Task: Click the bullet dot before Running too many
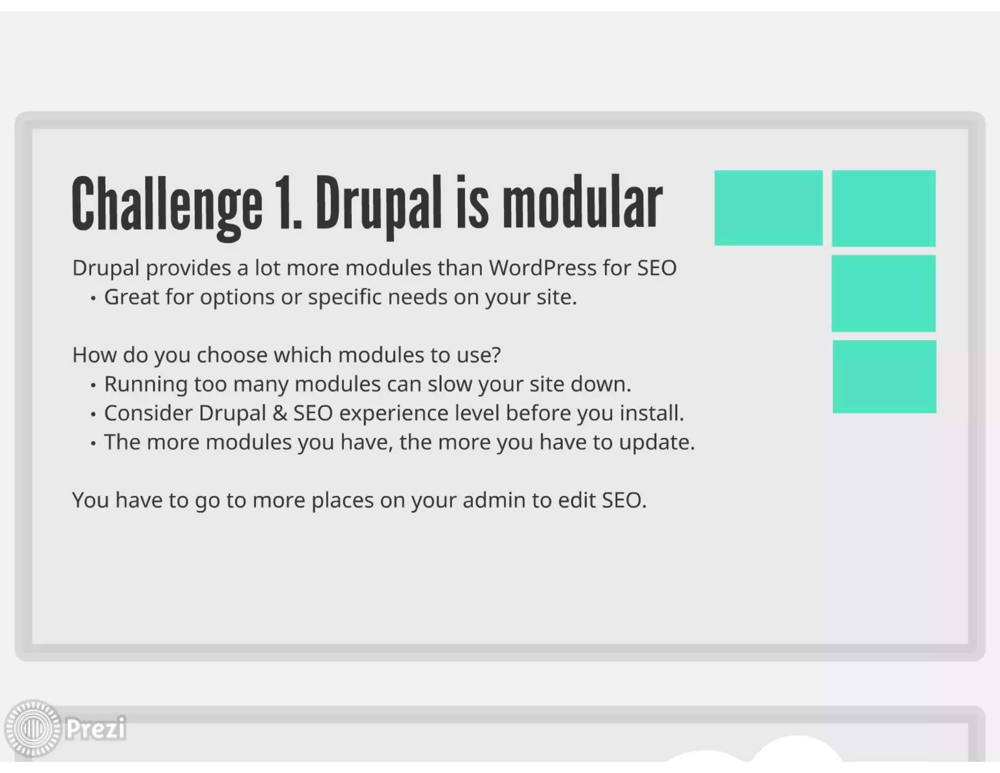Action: tap(93, 386)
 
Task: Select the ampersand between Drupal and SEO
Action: tap(279, 413)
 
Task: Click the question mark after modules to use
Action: tap(497, 355)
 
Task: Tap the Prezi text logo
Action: tap(96, 729)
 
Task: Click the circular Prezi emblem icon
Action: tap(33, 729)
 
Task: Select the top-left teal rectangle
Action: tap(768, 208)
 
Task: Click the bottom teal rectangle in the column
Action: tap(884, 377)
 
